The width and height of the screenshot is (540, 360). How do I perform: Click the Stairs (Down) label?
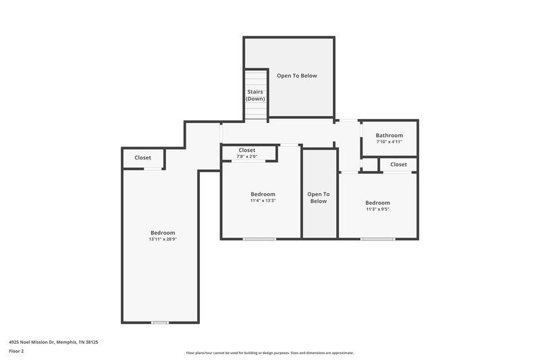click(255, 95)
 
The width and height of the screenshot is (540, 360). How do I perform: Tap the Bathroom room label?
click(389, 135)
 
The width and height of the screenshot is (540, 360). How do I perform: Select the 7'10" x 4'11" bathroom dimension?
click(389, 142)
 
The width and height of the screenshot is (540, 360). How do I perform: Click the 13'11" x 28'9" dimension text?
click(163, 239)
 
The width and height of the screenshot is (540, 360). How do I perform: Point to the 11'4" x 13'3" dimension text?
click(262, 201)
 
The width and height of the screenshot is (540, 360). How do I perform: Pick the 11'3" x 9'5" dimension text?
click(377, 209)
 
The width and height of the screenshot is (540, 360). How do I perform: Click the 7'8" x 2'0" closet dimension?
click(246, 157)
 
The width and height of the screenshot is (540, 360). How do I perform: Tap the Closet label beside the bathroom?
click(398, 164)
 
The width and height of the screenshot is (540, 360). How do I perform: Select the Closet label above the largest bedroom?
click(142, 157)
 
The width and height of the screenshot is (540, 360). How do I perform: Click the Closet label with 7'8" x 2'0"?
click(246, 150)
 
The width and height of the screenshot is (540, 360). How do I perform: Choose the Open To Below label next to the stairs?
click(296, 76)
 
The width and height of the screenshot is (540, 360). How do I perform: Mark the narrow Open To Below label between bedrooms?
click(318, 197)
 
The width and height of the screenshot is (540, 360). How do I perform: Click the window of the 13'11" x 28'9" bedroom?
click(159, 322)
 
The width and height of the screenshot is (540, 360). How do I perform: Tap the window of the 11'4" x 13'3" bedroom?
click(259, 238)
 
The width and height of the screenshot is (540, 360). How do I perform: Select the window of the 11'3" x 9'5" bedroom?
click(377, 238)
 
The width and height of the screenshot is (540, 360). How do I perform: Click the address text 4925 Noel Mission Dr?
click(53, 342)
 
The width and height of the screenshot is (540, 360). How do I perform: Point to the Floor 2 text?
click(17, 352)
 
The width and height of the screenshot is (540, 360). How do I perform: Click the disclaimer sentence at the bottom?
click(269, 353)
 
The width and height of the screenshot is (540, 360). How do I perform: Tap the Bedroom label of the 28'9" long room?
click(163, 232)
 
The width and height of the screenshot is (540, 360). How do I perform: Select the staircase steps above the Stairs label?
click(255, 78)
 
